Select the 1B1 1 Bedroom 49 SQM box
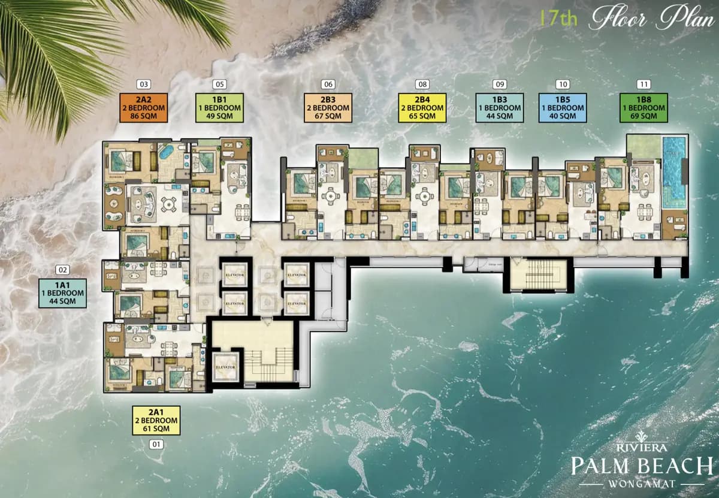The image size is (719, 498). coord(219,108)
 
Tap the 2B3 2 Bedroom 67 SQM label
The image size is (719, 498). coord(327,108)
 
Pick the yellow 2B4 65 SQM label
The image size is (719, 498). coord(422,108)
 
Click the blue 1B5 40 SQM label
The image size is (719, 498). coord(562,108)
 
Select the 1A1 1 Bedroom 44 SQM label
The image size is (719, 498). coord(63,293)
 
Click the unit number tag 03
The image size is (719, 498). coord(143,84)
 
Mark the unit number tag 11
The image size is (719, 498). coord(644,84)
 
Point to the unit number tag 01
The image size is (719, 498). coord(156,445)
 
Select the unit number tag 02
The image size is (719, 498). coord(63,270)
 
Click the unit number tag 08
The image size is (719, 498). coord(422,84)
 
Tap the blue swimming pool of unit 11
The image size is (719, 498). coord(675,171)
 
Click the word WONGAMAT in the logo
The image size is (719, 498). coord(642,482)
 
